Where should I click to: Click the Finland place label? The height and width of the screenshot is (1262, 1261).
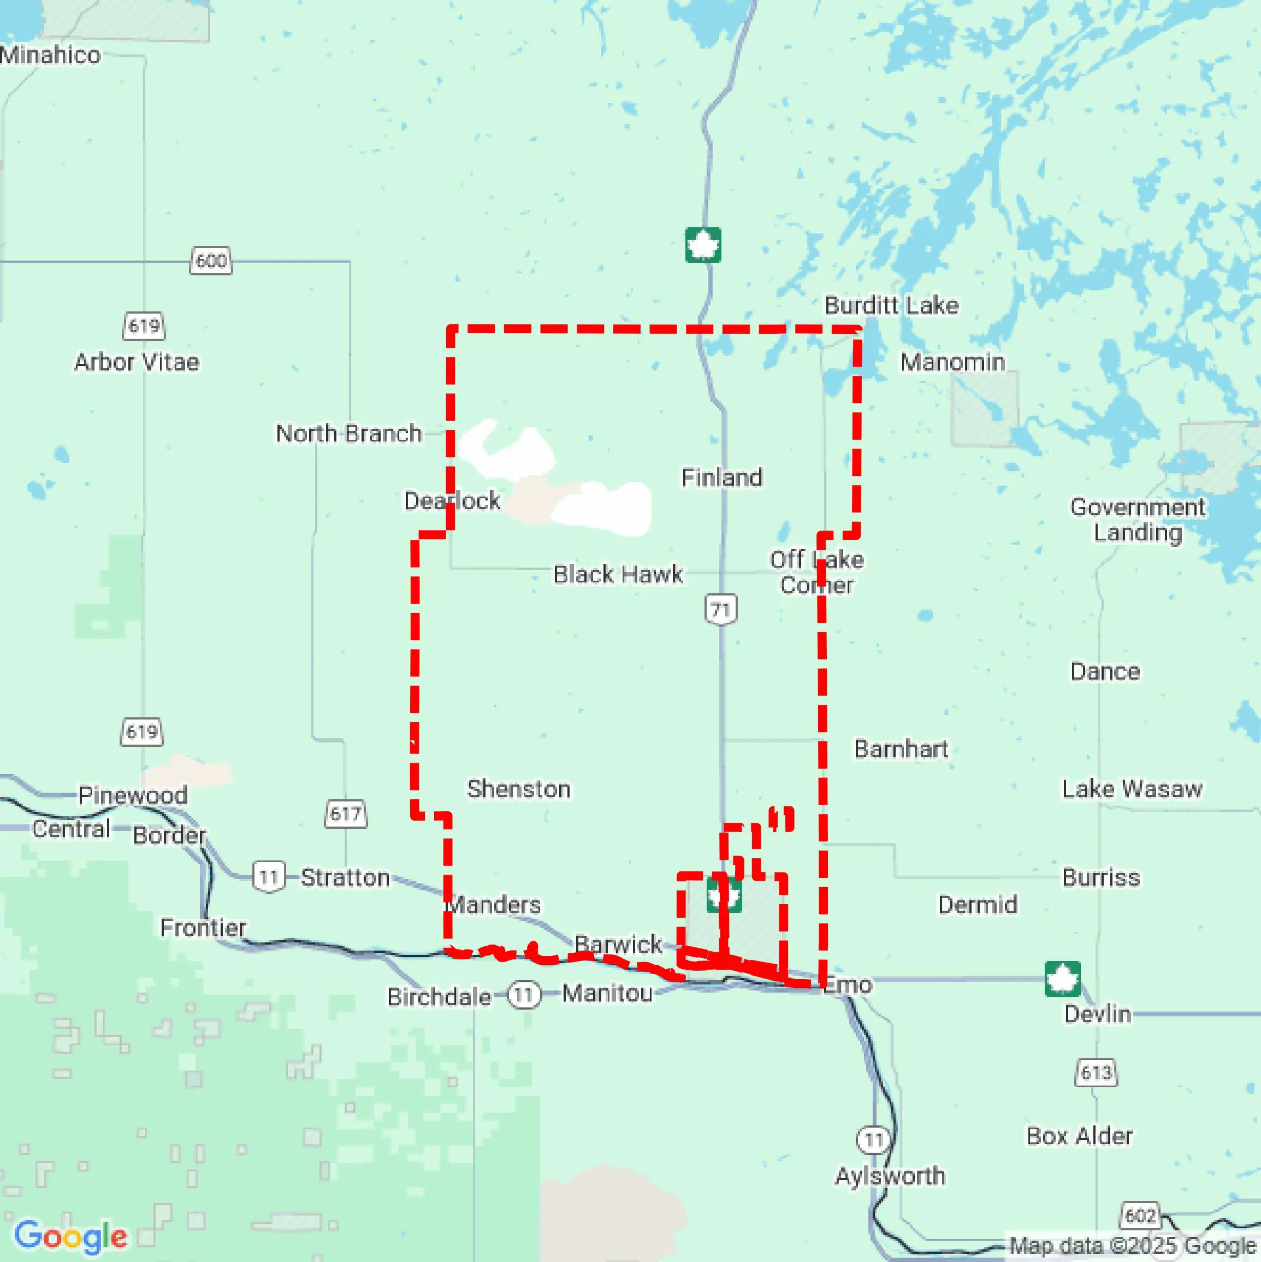pyautogui.click(x=721, y=477)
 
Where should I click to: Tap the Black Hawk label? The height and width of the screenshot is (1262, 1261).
pyautogui.click(x=618, y=574)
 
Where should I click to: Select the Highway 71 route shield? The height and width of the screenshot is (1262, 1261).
pyautogui.click(x=721, y=610)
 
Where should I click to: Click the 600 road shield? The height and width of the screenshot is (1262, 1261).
pyautogui.click(x=211, y=261)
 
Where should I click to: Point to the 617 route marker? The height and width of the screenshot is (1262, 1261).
pyautogui.click(x=346, y=814)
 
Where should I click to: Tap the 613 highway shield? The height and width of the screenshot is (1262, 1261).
pyautogui.click(x=1096, y=1072)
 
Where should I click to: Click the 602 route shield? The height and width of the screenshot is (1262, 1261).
pyautogui.click(x=1140, y=1215)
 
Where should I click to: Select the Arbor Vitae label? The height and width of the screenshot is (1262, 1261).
pyautogui.click(x=137, y=362)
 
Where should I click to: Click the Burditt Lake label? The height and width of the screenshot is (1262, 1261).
pyautogui.click(x=891, y=305)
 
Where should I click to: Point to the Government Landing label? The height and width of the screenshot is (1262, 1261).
pyautogui.click(x=1138, y=520)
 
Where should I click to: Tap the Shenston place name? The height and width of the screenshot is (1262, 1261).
pyautogui.click(x=518, y=789)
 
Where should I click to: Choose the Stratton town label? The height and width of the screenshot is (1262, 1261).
pyautogui.click(x=345, y=877)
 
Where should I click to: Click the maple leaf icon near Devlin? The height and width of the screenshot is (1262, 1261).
pyautogui.click(x=1062, y=979)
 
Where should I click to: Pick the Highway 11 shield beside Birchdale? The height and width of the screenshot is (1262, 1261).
pyautogui.click(x=524, y=995)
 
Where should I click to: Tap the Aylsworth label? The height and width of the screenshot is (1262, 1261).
pyautogui.click(x=890, y=1176)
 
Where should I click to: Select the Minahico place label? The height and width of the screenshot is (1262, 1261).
pyautogui.click(x=50, y=55)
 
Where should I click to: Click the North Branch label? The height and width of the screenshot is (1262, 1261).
pyautogui.click(x=349, y=433)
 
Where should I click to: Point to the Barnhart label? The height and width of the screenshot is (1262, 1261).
pyautogui.click(x=901, y=748)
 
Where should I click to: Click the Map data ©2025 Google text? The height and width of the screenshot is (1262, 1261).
pyautogui.click(x=1133, y=1246)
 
